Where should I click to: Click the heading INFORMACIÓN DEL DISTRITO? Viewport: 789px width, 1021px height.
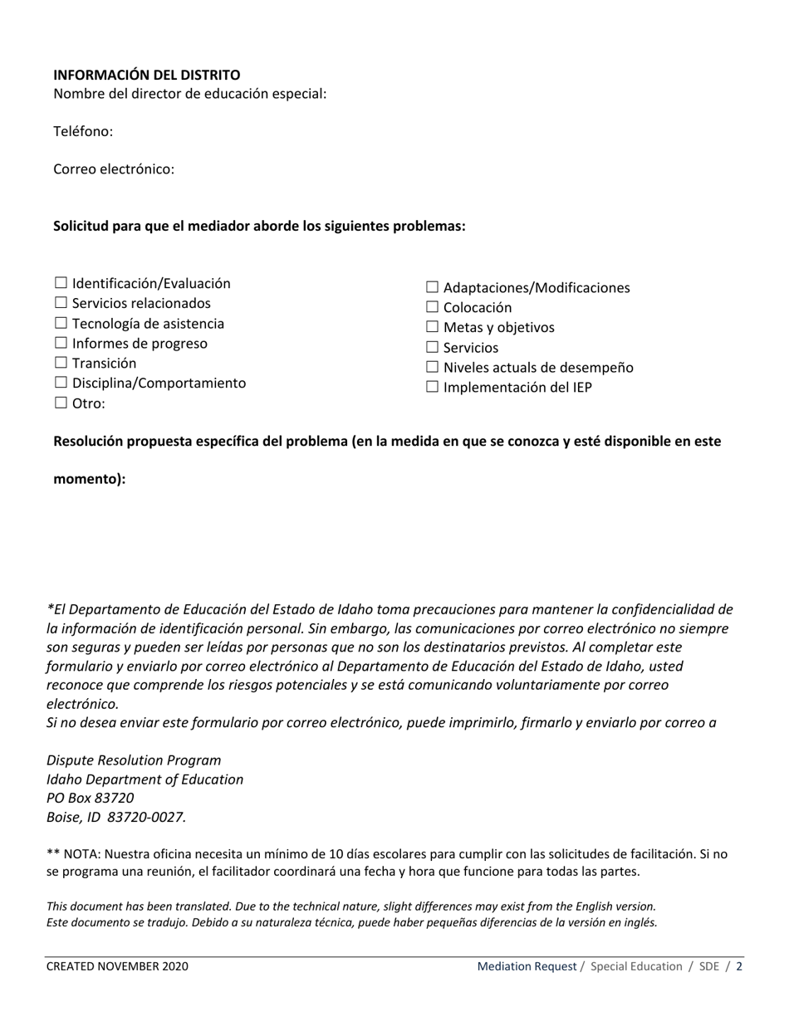tap(146, 75)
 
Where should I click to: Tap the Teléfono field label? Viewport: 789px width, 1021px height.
tap(83, 131)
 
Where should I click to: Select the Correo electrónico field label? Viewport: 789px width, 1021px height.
tap(114, 169)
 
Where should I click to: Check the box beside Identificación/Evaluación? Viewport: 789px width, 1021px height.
tap(61, 283)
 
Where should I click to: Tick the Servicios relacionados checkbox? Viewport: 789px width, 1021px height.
tap(61, 303)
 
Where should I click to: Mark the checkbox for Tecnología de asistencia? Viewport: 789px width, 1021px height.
tap(61, 323)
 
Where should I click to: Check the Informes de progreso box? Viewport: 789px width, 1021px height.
tap(61, 343)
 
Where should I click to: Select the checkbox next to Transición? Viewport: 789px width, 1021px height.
tap(61, 363)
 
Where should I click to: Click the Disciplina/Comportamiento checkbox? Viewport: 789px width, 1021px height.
tap(61, 383)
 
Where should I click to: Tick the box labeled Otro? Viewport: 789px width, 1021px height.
tap(61, 403)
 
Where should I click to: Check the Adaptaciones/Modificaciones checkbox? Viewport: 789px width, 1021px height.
tap(432, 287)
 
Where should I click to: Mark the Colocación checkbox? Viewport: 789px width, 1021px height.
tap(432, 307)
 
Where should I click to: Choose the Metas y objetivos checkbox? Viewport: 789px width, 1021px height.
tap(432, 327)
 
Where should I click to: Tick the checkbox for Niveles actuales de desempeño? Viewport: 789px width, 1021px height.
tap(432, 367)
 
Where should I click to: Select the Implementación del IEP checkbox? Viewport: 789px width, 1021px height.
tap(432, 387)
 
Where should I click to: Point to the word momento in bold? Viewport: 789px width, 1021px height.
tap(86, 479)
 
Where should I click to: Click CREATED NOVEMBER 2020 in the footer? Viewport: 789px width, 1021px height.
tap(117, 966)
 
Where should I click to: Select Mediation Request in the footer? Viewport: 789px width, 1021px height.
tap(527, 966)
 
